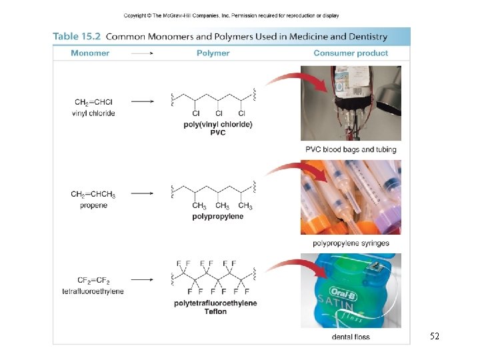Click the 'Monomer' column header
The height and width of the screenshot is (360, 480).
[90, 53]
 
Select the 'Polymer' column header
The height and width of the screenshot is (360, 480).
[213, 53]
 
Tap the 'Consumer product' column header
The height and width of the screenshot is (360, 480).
[351, 53]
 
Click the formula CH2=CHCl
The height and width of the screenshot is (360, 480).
[93, 103]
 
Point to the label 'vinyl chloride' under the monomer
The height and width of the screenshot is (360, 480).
[93, 113]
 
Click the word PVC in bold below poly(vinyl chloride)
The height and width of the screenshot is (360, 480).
[217, 133]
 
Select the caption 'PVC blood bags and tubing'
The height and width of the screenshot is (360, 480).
[351, 149]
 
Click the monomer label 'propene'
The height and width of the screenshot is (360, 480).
[93, 205]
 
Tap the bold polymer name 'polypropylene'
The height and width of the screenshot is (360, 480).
[217, 217]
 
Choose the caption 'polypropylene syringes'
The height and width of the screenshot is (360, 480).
[351, 243]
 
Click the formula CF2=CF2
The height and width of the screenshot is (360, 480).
[93, 281]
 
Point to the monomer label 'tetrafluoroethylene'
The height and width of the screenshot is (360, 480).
[93, 291]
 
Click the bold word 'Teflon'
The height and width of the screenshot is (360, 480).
[215, 311]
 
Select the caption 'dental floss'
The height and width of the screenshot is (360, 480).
[351, 337]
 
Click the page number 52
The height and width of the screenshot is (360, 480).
[435, 337]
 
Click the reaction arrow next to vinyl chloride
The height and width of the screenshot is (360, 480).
[143, 101]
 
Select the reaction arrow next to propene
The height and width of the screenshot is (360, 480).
[143, 194]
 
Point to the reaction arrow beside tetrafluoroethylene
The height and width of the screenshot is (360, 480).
[143, 280]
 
